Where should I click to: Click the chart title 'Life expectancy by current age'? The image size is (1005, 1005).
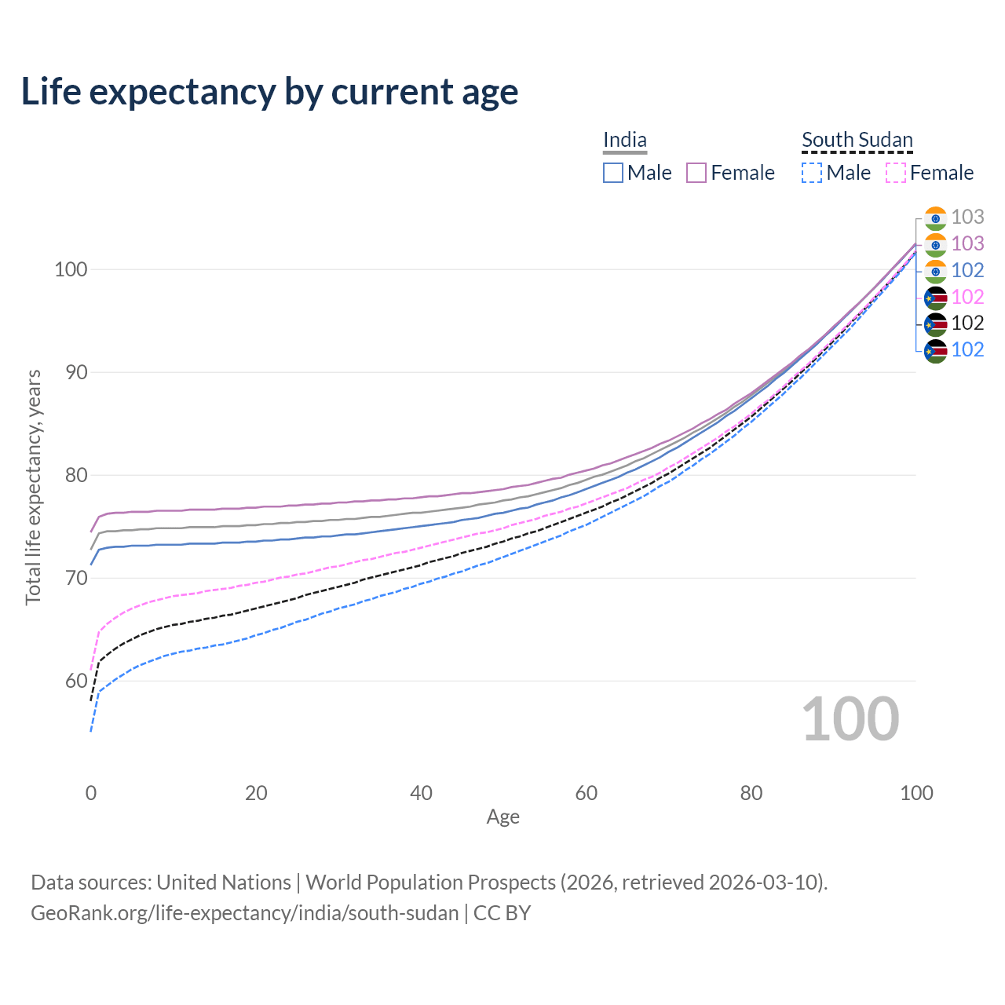coord(269,91)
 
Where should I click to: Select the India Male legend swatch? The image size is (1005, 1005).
coord(613,173)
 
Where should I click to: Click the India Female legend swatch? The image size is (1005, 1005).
coord(696,173)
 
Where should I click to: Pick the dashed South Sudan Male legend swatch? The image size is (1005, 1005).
coord(812,173)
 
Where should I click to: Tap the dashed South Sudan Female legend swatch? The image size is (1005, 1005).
coord(896,173)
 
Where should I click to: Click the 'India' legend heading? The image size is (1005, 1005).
coord(625,140)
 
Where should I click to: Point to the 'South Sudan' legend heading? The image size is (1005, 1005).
coord(857,140)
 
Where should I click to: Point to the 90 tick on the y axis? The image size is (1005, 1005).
coord(76,372)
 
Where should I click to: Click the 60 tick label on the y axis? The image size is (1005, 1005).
coord(76,681)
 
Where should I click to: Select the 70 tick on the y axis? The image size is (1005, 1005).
coord(76,578)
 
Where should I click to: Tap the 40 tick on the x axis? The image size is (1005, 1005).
coord(422,793)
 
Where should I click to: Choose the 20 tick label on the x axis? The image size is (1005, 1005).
coord(256,793)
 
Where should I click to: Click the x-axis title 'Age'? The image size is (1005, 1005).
coord(503,817)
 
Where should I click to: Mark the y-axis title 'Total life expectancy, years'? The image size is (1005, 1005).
coord(33,487)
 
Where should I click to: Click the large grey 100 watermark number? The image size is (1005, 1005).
coord(850,719)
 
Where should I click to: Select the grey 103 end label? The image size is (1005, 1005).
coord(967,217)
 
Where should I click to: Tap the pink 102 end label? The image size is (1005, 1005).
coord(967,297)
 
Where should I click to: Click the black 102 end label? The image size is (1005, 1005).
coord(967,323)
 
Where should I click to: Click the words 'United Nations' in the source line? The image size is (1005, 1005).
coord(224,883)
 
